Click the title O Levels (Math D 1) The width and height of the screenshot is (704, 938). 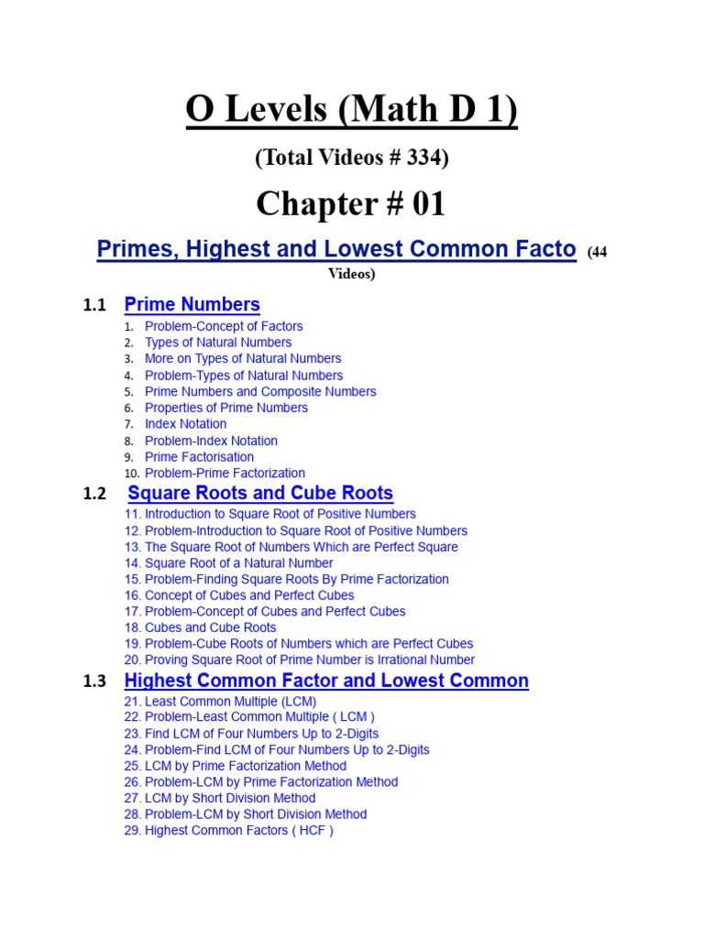[x=351, y=110]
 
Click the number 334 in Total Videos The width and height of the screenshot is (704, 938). [x=424, y=158]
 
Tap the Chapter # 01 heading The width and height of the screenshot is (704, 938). [x=351, y=203]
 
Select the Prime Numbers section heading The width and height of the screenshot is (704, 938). [x=192, y=305]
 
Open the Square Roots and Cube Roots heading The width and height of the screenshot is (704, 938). [x=260, y=494]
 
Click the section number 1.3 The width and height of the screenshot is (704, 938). [x=94, y=682]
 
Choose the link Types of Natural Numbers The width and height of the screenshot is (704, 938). [x=218, y=343]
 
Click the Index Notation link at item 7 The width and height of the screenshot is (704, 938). [x=185, y=424]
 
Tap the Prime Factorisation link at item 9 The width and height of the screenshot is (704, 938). [x=199, y=457]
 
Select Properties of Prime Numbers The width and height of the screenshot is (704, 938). [x=226, y=408]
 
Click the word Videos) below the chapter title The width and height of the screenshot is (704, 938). [x=352, y=274]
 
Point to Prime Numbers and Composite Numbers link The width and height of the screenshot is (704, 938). [x=260, y=392]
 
